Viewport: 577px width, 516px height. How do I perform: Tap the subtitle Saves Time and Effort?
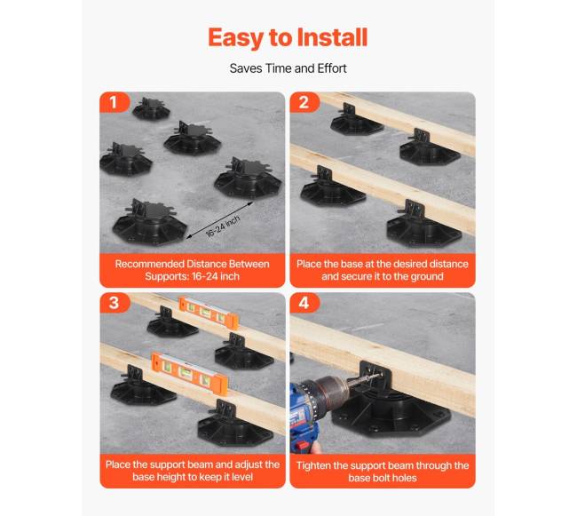pos(288,68)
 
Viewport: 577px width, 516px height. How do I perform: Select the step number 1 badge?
pos(114,102)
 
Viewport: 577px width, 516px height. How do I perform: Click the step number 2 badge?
pos(304,102)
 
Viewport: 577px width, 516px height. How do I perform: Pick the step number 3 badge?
pos(115,303)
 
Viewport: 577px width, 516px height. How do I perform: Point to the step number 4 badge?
pos(304,303)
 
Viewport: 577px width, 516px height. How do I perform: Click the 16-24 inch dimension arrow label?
pos(223,226)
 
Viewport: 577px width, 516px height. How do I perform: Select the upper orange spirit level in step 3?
pos(209,313)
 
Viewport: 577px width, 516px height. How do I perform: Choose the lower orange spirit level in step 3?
pos(189,373)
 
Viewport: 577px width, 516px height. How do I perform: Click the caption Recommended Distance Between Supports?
pos(192,270)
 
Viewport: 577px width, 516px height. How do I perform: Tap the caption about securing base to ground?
pos(383,270)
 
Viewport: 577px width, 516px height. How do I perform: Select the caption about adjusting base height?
pos(193,471)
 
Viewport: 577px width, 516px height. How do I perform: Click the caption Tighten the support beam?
pos(383,472)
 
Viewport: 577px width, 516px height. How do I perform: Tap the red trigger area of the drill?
pos(303,446)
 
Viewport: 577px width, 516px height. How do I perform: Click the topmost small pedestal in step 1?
pos(151,109)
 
